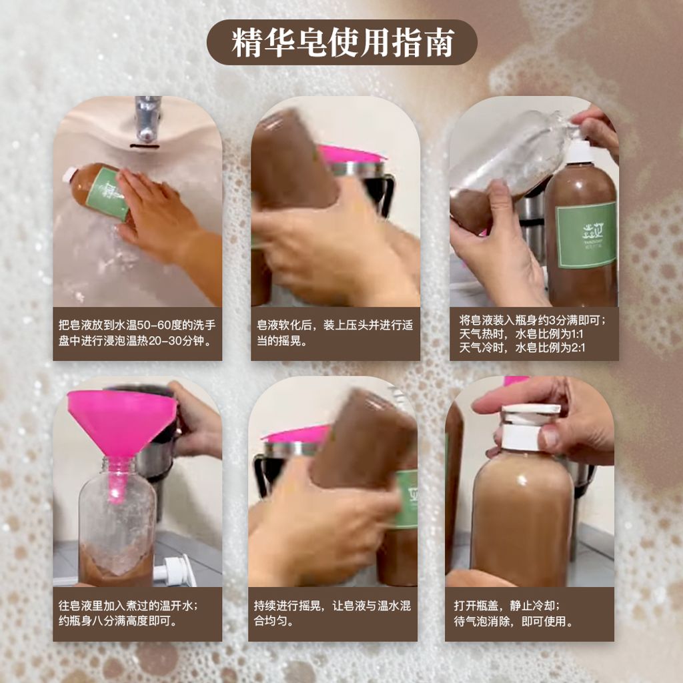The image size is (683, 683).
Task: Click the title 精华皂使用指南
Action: (342, 43)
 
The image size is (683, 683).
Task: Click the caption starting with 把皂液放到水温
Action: (137, 333)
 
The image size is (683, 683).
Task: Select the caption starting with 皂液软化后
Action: (335, 333)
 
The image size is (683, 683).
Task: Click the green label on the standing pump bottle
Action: (586, 235)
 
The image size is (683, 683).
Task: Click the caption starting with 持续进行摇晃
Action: (332, 614)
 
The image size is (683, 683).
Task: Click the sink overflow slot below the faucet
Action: (145, 145)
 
